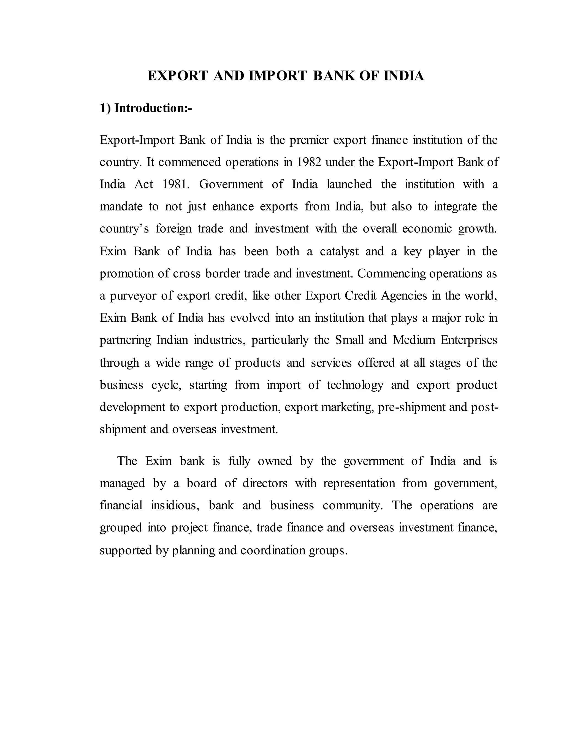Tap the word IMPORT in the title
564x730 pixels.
[277, 76]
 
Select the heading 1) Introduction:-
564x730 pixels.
[146, 108]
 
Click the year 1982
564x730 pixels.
[309, 162]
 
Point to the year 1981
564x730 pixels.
[176, 184]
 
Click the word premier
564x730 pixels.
[309, 140]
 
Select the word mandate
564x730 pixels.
[121, 207]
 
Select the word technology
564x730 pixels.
[355, 385]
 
